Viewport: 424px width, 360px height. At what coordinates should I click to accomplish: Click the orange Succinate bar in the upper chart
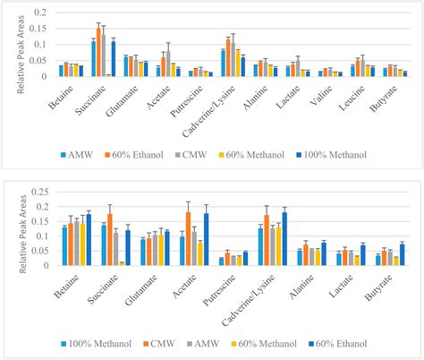tap(98, 52)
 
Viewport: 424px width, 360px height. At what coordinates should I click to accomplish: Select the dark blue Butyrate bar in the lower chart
tap(402, 254)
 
